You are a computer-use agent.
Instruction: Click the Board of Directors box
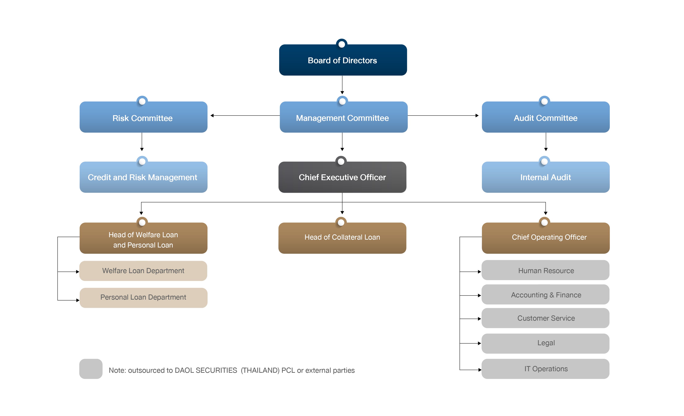pos(343,60)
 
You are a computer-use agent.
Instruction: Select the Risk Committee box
pos(143,117)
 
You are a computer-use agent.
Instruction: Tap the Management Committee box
pos(343,117)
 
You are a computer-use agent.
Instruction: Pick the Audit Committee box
pos(545,117)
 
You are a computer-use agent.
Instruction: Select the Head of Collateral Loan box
pos(342,238)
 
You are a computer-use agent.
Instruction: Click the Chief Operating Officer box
pos(545,238)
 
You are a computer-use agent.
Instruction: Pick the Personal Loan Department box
pos(143,298)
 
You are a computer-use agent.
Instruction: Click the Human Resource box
pos(545,270)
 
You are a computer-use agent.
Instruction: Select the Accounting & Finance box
pos(545,294)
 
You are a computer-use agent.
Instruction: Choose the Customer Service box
pos(545,318)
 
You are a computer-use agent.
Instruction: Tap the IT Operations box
pos(545,369)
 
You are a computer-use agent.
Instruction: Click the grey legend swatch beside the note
pos(91,369)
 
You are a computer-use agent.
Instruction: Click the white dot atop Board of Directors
pos(342,44)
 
